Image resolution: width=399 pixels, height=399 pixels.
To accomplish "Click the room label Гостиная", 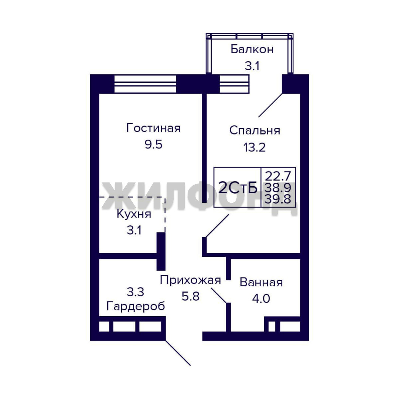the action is tap(153, 128).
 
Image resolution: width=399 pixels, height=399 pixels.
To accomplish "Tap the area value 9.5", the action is tap(153, 144).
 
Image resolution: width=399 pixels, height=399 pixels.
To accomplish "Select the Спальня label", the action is tap(255, 130).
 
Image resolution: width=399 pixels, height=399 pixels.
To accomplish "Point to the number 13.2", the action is tap(255, 147).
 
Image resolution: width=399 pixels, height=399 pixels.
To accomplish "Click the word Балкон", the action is tap(252, 49).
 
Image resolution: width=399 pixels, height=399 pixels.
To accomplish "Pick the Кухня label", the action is tap(134, 214).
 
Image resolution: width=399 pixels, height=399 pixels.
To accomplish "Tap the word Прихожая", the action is tap(190, 280).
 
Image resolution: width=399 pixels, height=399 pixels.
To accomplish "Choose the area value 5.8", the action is tap(190, 296).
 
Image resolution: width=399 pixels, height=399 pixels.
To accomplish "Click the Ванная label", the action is tap(261, 283).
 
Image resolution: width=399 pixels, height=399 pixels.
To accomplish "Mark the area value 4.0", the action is tap(261, 299).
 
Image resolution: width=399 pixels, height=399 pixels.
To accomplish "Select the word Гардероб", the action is tap(136, 306).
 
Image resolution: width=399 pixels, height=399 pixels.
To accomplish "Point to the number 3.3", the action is tap(135, 292).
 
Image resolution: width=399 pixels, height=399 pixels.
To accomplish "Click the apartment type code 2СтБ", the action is tap(238, 188).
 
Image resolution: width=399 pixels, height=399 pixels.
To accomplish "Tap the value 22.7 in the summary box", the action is tap(278, 176).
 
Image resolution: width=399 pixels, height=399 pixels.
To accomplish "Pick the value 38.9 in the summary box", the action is tap(278, 188).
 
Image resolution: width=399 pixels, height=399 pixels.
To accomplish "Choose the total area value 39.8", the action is tap(278, 199).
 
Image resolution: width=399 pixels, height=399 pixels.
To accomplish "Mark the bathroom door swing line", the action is tap(219, 296).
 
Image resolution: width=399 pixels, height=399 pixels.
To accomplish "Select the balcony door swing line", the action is tap(270, 105).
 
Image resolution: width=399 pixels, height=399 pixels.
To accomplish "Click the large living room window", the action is tap(145, 84).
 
